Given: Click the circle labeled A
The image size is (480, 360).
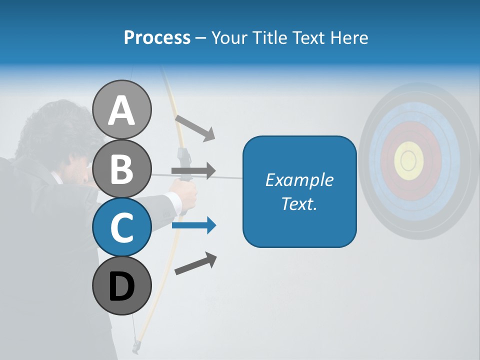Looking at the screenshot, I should tap(121, 109).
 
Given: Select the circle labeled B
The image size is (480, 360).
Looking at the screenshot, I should tap(121, 168).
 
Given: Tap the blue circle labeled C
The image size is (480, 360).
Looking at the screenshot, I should tap(121, 227).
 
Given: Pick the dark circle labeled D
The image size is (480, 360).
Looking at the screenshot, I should tap(121, 285).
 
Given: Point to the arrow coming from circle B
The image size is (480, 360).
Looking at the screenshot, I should tap(193, 171).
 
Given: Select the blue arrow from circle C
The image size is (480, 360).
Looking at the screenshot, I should tap(194, 225).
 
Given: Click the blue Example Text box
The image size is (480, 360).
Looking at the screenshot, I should tap(299, 192).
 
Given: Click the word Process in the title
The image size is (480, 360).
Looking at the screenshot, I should tap(157, 37).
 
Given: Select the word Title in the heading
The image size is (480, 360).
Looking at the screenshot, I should tap(267, 37).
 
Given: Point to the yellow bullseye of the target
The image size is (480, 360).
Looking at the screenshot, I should tap(409, 160).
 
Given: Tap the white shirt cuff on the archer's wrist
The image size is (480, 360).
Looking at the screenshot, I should tap(173, 202).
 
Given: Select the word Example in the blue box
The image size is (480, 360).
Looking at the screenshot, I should tap(299, 180).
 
